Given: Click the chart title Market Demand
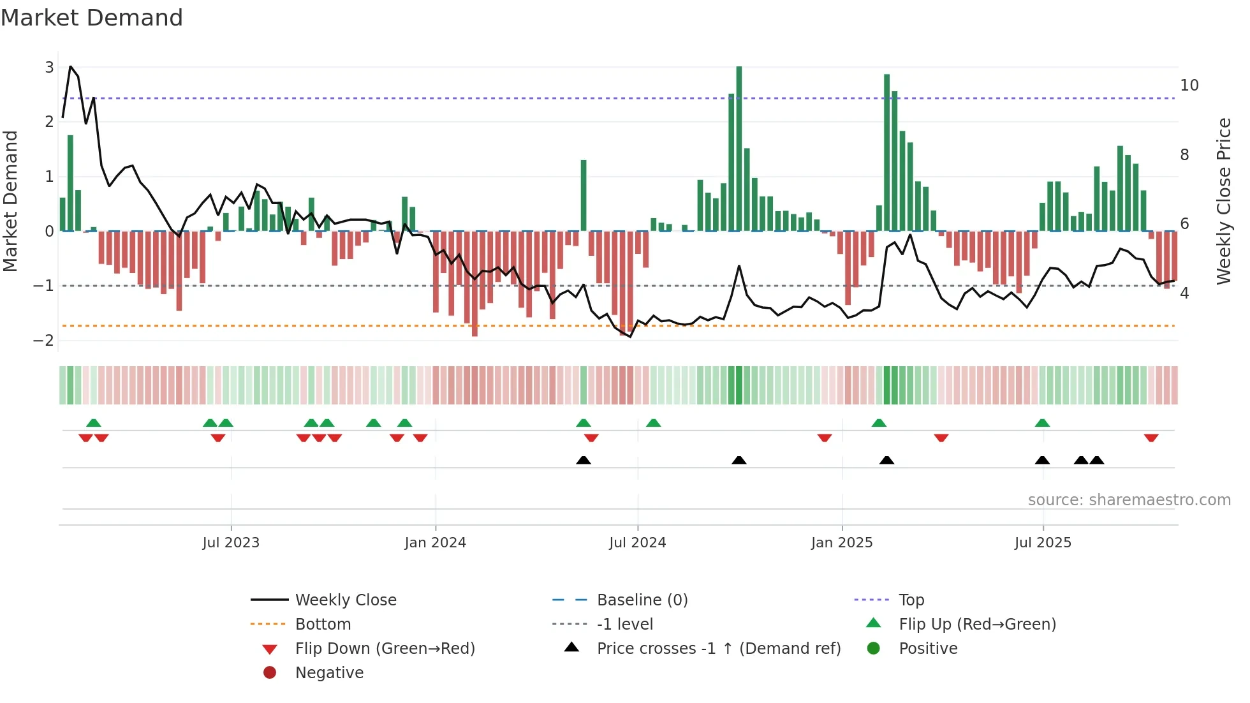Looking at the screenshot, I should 92,17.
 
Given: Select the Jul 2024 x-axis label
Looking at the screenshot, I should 637,543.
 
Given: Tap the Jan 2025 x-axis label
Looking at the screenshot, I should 842,543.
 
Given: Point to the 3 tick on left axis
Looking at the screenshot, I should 49,67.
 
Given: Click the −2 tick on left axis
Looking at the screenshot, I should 44,340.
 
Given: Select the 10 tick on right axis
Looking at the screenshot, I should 1189,85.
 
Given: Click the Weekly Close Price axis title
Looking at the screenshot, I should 1223,201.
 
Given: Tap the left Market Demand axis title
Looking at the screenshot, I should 11,201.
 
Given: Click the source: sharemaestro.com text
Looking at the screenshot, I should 1129,500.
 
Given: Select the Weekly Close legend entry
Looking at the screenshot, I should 346,600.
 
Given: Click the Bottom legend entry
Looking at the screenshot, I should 323,624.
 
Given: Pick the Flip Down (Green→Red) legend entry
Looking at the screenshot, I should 385,648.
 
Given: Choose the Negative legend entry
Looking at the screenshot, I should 329,672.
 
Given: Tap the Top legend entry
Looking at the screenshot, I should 911,600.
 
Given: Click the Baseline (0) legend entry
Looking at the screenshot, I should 642,600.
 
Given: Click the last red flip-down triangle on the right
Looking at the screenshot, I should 1151,438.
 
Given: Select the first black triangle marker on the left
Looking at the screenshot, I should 584,460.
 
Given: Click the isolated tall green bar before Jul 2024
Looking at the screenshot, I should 584,195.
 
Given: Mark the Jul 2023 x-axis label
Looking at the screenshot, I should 231,543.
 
